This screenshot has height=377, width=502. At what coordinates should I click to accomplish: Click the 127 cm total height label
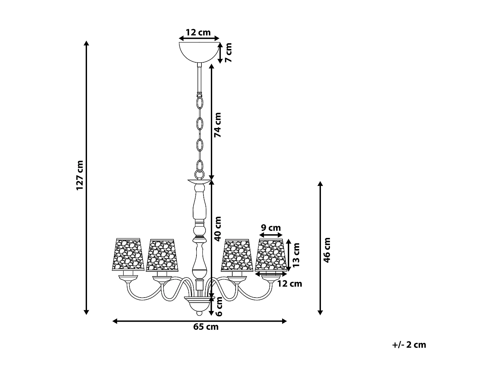[x=80, y=175]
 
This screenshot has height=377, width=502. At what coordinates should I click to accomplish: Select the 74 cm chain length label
[x=218, y=125]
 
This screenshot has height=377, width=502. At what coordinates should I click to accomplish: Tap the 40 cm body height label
[x=218, y=229]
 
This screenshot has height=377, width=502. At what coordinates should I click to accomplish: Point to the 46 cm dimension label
[x=327, y=250]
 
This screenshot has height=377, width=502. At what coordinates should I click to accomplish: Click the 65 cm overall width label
[x=206, y=327]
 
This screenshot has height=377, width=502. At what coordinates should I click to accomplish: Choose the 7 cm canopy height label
[x=228, y=53]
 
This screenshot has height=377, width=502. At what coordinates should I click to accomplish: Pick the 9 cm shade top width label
[x=271, y=228]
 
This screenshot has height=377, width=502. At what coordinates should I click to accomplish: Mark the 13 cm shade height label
[x=296, y=255]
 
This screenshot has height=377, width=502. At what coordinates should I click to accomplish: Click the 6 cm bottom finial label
[x=219, y=307]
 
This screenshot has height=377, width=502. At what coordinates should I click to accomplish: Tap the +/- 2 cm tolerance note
[x=409, y=345]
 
